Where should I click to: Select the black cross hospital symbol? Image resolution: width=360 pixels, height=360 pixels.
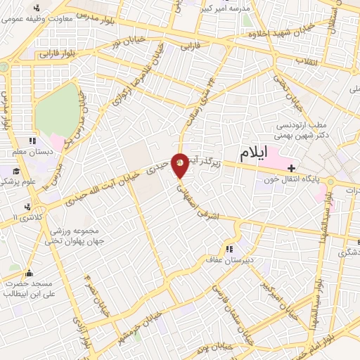(291, 167)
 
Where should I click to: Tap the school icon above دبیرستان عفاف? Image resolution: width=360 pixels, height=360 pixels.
(229, 249)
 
